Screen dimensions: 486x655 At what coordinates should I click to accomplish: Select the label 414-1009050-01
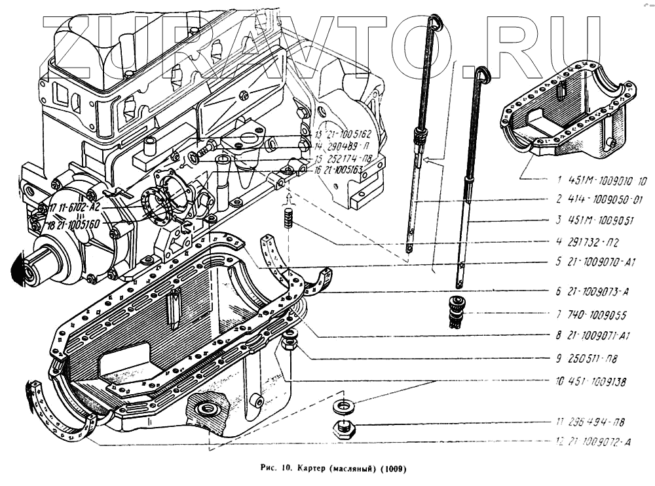[x=597, y=200]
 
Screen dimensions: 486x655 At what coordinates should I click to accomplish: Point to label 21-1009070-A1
[x=597, y=261]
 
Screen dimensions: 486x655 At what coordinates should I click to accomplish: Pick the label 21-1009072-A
[x=597, y=443]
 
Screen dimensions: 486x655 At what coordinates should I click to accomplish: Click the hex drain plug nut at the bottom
[x=344, y=430]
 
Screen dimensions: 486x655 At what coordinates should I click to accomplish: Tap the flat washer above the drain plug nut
[x=344, y=406]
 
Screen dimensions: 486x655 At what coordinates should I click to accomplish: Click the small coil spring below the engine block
[x=288, y=217]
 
